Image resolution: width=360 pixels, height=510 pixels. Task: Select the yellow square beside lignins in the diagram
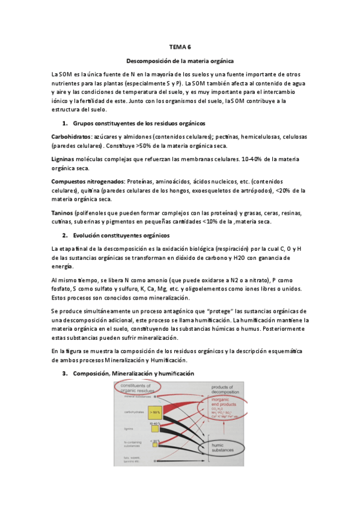(x=154, y=428)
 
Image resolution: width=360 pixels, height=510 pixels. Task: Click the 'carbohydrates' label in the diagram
(x=128, y=413)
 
